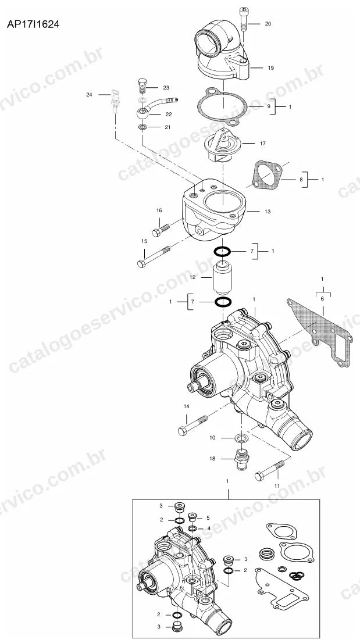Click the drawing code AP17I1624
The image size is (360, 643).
33,24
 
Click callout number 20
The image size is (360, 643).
268,24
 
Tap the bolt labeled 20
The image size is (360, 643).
244,19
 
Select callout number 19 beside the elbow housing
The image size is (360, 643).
270,67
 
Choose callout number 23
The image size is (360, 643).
166,87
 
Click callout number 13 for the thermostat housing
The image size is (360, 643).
268,212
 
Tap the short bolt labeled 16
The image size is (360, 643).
161,230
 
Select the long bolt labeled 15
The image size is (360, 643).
154,256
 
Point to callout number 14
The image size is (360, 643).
187,406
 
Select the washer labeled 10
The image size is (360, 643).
241,438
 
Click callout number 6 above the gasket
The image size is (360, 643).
322,299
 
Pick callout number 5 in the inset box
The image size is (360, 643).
208,517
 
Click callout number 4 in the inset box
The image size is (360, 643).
209,528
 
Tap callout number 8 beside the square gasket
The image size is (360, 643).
301,179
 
